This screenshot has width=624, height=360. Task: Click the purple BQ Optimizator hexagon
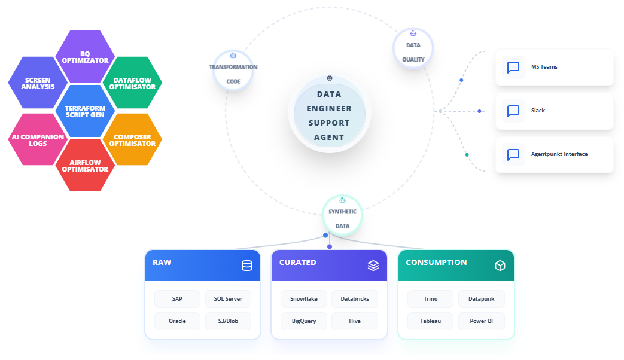pyautogui.click(x=85, y=57)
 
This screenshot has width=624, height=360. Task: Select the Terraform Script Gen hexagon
pyautogui.click(x=85, y=111)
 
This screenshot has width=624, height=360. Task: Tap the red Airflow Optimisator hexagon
pyautogui.click(x=85, y=166)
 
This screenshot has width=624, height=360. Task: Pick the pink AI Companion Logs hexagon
pyautogui.click(x=38, y=139)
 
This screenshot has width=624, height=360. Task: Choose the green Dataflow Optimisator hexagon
pyautogui.click(x=133, y=83)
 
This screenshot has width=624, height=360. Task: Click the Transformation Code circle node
pyautogui.click(x=233, y=71)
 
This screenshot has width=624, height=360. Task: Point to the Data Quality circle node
pyautogui.click(x=413, y=48)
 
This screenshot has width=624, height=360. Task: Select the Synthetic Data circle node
pyautogui.click(x=342, y=215)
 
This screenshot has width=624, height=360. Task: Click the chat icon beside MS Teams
pyautogui.click(x=513, y=67)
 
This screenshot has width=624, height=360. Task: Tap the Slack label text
pyautogui.click(x=538, y=111)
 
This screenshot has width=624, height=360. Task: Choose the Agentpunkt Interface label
pyautogui.click(x=559, y=154)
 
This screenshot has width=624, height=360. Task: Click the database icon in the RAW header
pyautogui.click(x=247, y=266)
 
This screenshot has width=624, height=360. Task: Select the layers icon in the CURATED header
pyautogui.click(x=373, y=266)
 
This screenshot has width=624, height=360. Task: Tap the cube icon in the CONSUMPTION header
pyautogui.click(x=500, y=266)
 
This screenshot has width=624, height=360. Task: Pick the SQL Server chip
pyautogui.click(x=228, y=299)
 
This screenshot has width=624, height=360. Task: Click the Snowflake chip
pyautogui.click(x=304, y=299)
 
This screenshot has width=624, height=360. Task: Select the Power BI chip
pyautogui.click(x=482, y=321)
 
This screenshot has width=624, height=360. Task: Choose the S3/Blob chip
pyautogui.click(x=228, y=321)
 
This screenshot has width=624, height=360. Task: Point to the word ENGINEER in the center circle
pyautogui.click(x=329, y=109)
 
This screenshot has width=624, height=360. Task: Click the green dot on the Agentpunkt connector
pyautogui.click(x=467, y=155)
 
